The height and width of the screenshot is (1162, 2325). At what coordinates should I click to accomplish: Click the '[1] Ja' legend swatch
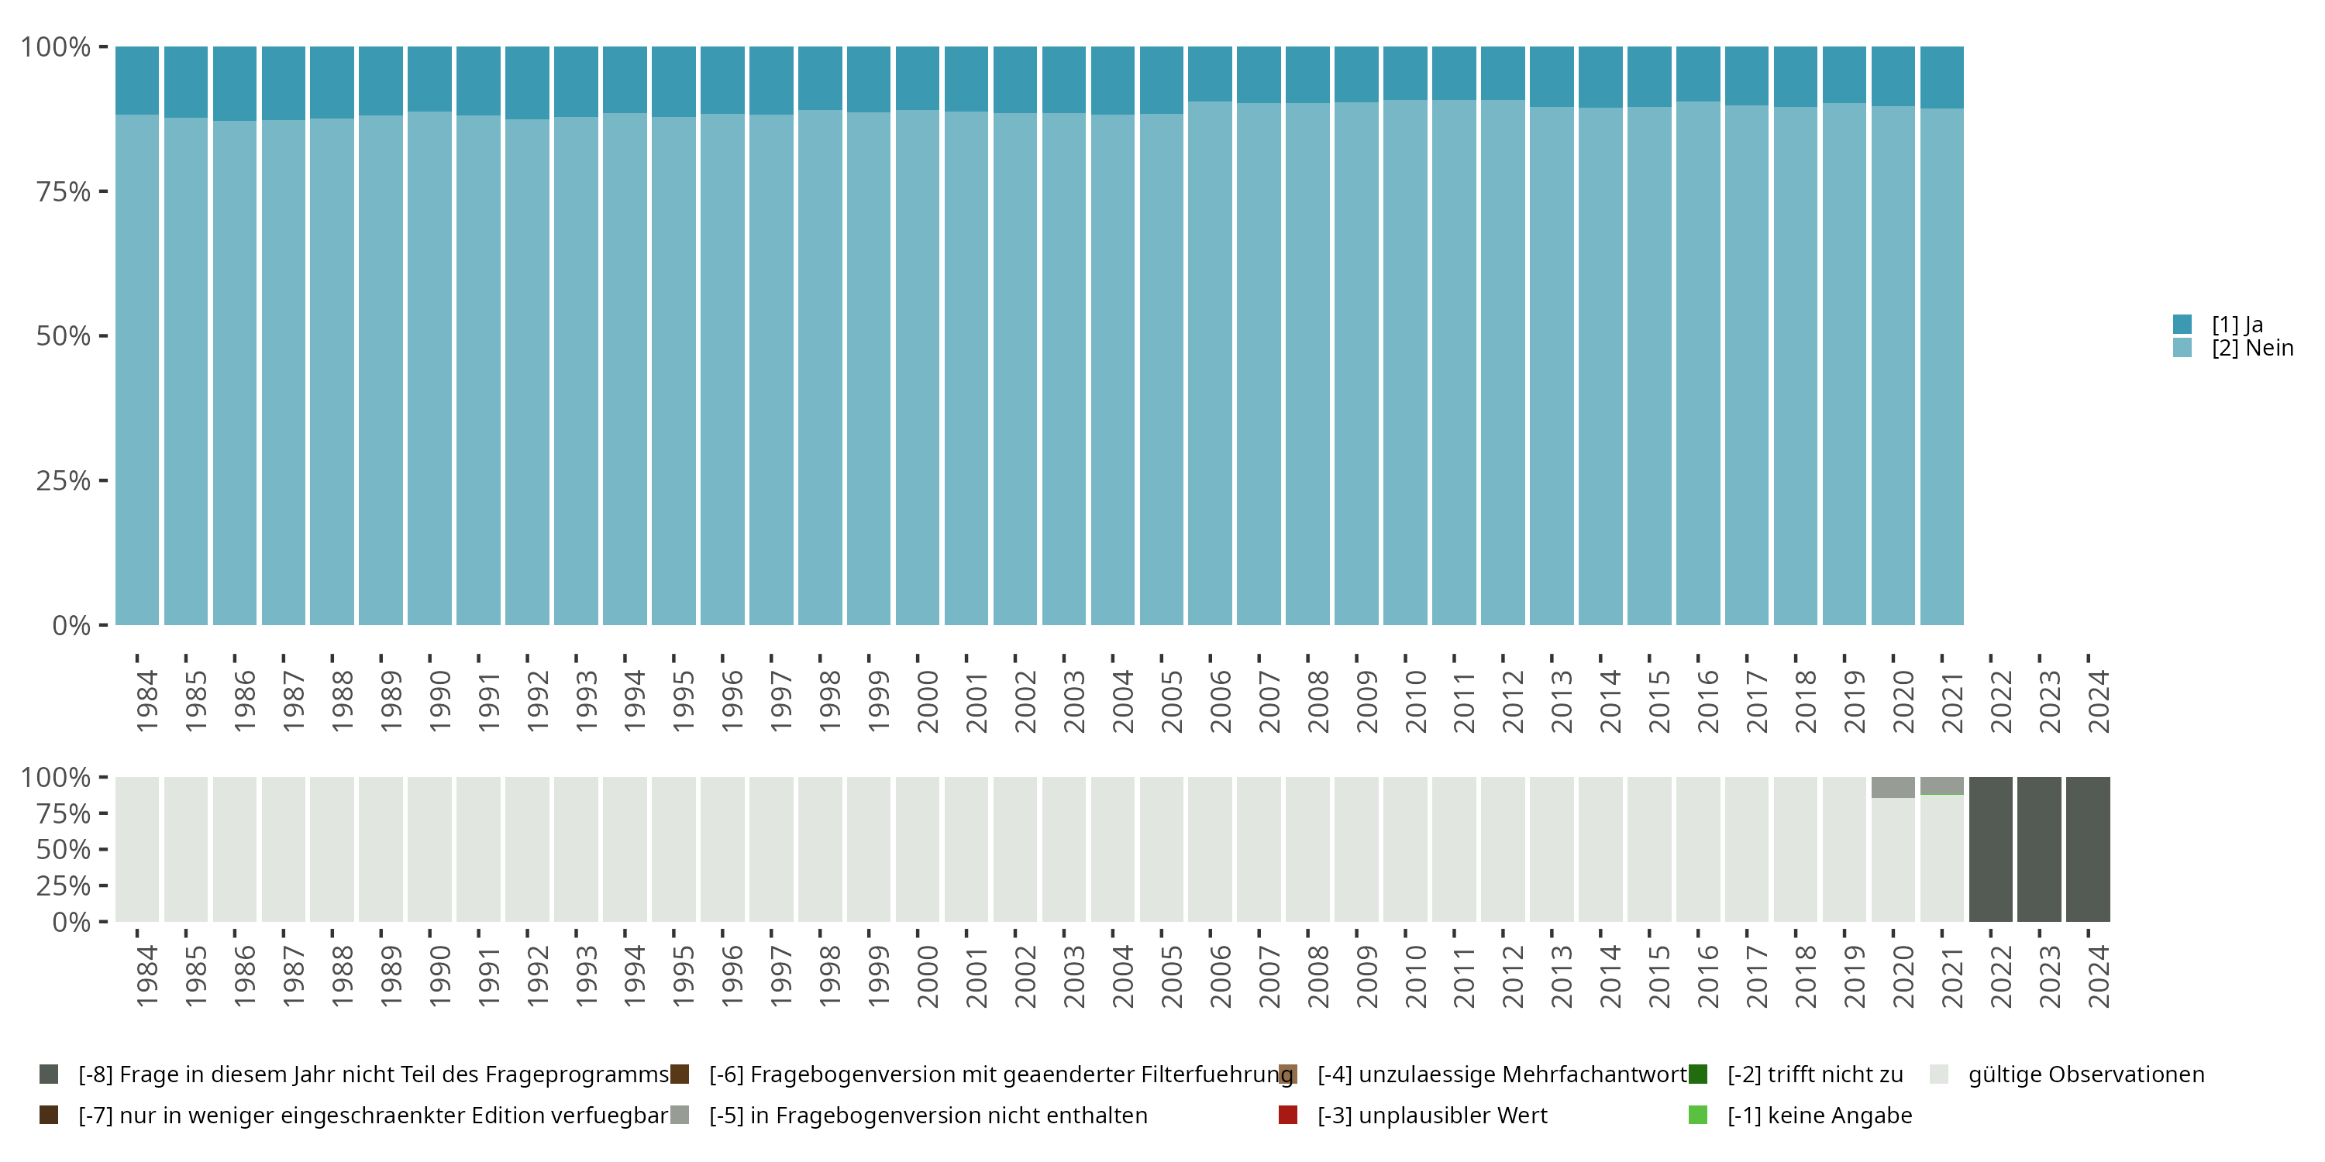click(x=2182, y=324)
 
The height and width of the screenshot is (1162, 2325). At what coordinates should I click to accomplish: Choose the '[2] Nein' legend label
click(x=2252, y=349)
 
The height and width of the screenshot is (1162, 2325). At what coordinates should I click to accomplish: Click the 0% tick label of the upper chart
click(x=71, y=625)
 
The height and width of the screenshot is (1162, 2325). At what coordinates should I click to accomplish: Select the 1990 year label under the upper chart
click(x=439, y=701)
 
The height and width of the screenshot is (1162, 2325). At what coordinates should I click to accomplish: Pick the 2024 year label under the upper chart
click(x=2099, y=701)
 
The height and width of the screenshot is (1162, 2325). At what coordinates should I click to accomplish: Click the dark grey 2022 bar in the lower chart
click(x=1990, y=849)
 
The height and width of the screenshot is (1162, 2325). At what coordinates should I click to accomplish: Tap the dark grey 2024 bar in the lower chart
click(x=2088, y=849)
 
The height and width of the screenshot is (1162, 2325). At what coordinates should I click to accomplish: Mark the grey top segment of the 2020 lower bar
click(x=1893, y=787)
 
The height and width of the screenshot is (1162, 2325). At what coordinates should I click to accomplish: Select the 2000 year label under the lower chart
click(x=928, y=976)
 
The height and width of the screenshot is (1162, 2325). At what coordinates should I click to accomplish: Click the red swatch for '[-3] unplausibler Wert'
click(x=1288, y=1115)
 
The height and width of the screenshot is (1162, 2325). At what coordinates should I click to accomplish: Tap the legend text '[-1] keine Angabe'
click(x=1819, y=1115)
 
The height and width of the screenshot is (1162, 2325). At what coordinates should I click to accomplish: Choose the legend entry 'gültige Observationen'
click(x=2085, y=1074)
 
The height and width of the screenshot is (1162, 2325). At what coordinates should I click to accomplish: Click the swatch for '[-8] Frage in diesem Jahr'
click(x=49, y=1074)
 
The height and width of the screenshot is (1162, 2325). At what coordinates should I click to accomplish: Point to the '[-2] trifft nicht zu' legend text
click(x=1814, y=1074)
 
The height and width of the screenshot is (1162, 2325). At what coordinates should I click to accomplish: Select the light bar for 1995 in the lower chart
click(x=673, y=849)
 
